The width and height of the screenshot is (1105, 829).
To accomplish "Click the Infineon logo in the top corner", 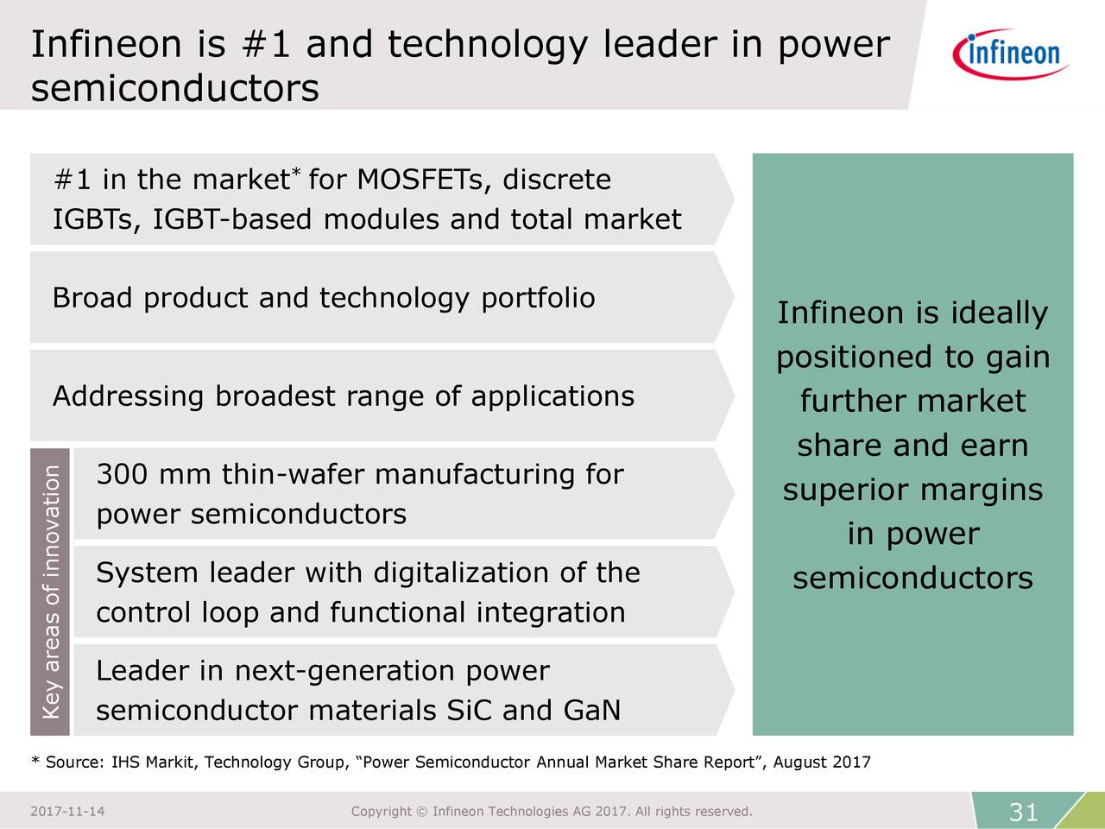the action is tap(1011, 54).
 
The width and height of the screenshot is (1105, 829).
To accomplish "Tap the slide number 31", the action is tap(1024, 812).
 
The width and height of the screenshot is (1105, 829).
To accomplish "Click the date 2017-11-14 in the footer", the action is tap(67, 812).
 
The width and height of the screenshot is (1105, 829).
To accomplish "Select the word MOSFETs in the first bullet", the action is tap(420, 180).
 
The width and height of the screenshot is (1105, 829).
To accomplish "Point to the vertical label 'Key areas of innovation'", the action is tap(51, 592).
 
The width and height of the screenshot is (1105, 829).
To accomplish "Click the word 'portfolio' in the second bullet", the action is tap(538, 298).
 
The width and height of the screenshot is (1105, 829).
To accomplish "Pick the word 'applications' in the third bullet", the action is tap(552, 396).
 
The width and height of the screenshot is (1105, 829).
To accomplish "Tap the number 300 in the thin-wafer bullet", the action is tap(122, 474).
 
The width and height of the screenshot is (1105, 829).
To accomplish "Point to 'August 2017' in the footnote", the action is tap(822, 763).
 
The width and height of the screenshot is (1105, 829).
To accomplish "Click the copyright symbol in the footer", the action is tap(422, 812).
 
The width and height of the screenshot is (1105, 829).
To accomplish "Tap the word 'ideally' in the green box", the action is tap(999, 313).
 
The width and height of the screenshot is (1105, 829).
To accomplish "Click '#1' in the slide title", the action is tap(266, 44).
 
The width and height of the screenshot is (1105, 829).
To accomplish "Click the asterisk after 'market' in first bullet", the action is tap(296, 172).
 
